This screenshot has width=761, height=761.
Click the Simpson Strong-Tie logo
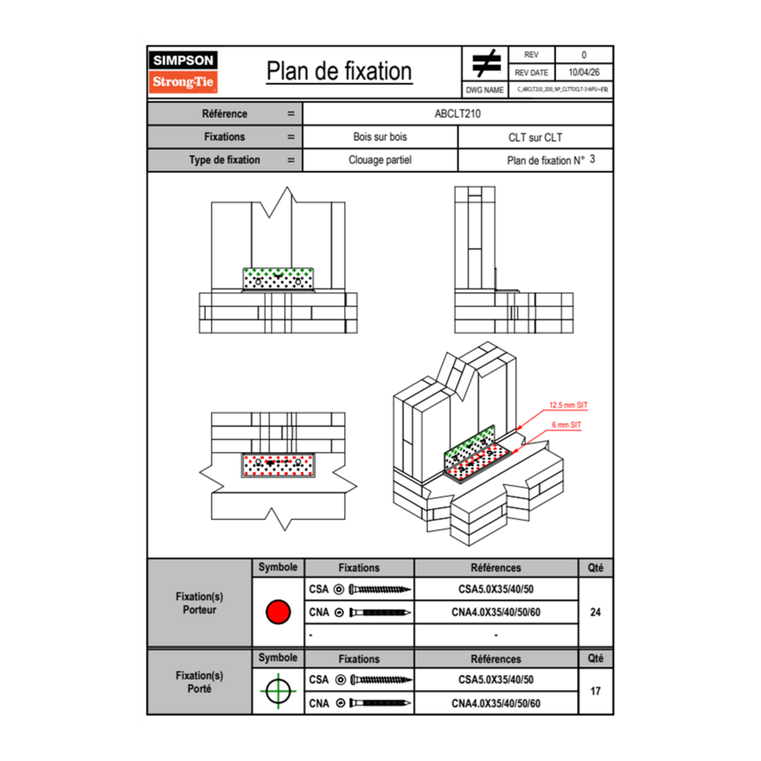(x=183, y=72)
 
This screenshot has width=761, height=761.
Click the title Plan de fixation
(x=339, y=71)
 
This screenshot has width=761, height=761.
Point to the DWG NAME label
(x=484, y=90)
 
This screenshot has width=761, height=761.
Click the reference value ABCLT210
(x=457, y=113)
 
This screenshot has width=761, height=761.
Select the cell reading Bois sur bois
(x=380, y=137)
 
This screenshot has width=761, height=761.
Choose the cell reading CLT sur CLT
(x=535, y=137)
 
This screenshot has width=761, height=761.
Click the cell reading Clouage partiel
(x=380, y=160)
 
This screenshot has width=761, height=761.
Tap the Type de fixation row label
(x=225, y=160)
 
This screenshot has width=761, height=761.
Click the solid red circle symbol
(x=278, y=611)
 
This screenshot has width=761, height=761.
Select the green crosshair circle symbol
(x=278, y=691)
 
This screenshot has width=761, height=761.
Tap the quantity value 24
(x=595, y=612)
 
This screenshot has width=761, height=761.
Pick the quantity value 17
(x=595, y=691)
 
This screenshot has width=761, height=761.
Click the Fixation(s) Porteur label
(x=199, y=603)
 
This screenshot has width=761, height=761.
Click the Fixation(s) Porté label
(x=199, y=682)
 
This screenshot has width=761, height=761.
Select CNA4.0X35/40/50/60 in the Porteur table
(x=496, y=612)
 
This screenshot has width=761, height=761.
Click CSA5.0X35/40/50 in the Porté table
(x=496, y=680)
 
